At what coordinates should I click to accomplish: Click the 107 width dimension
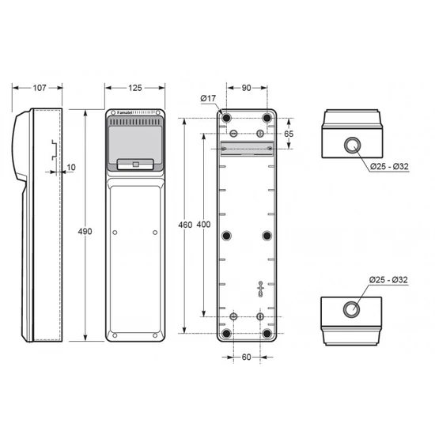pos(40,88)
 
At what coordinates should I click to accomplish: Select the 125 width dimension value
pos(135,88)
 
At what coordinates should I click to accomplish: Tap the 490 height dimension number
pos(85,232)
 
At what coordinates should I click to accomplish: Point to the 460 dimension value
pos(185,225)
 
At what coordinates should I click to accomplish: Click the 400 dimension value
pos(203,225)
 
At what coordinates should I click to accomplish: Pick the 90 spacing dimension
pos(246,88)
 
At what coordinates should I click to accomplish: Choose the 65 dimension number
pos(289,134)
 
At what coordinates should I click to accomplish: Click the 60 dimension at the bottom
pos(246,357)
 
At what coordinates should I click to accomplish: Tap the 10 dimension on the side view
pos(71,168)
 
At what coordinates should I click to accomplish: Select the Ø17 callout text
pos(208,98)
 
